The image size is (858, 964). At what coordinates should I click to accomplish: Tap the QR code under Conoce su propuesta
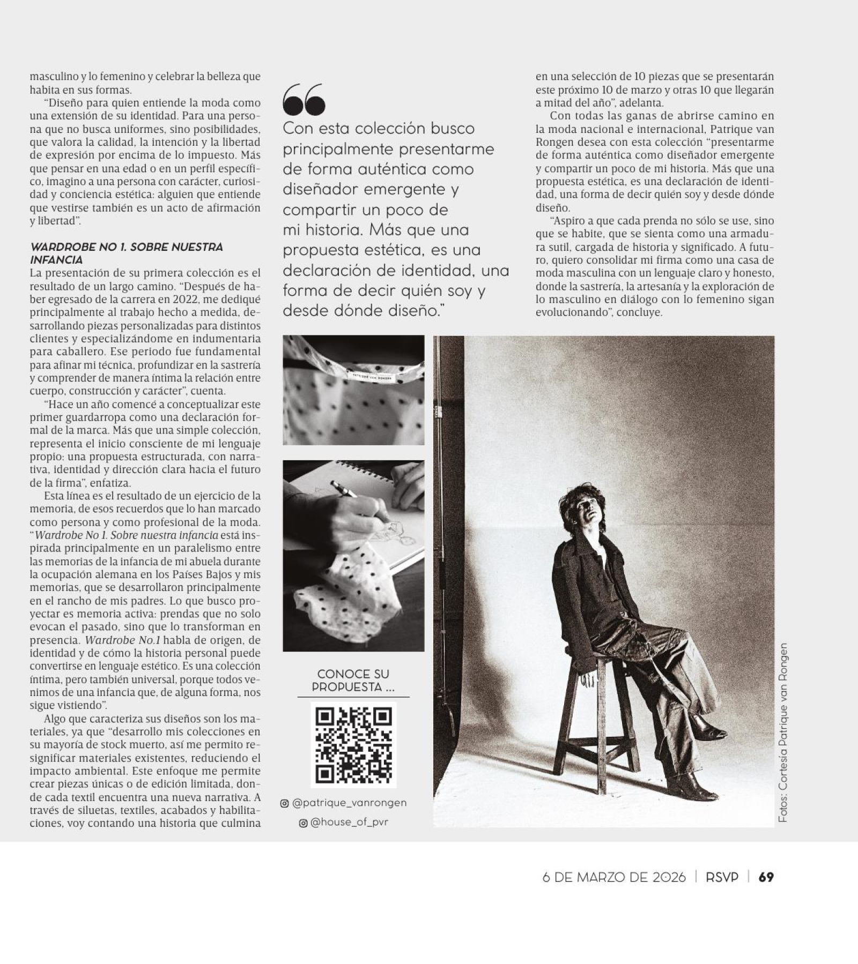(353, 744)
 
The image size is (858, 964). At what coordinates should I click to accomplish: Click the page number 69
(766, 877)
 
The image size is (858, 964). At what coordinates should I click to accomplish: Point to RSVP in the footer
(722, 877)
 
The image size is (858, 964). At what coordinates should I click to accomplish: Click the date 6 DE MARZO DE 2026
(614, 877)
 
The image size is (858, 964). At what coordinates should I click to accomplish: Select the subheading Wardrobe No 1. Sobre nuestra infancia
(126, 253)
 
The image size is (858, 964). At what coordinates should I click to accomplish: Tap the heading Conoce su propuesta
(353, 681)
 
